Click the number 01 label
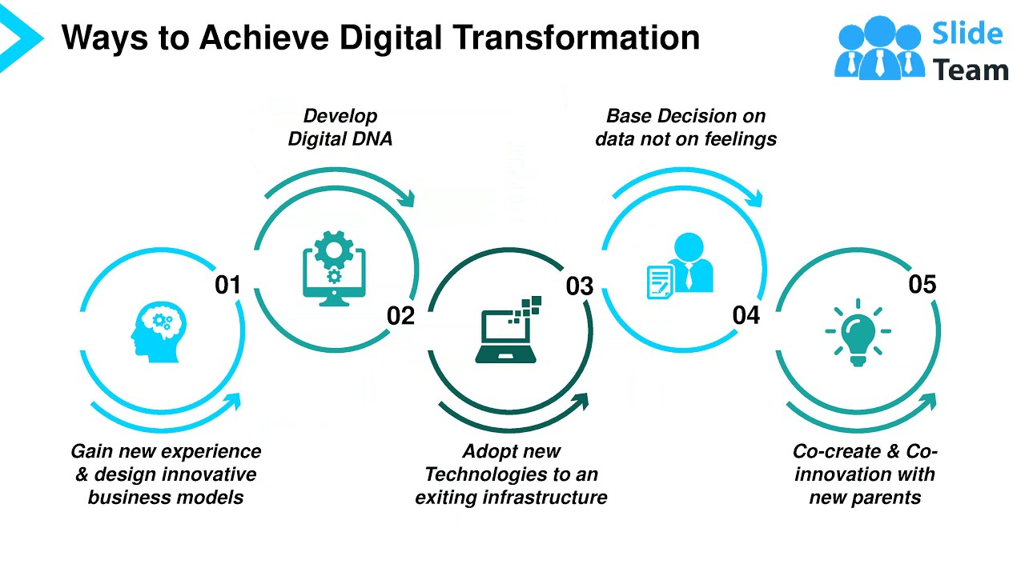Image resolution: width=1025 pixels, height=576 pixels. point(227,284)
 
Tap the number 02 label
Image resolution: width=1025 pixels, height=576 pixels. point(400,316)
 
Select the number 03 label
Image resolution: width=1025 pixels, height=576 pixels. point(579,286)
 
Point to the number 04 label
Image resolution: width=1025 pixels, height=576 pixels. point(746,315)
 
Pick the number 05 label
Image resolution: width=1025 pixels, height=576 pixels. point(922,284)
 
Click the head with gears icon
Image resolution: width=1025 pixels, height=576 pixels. point(159,330)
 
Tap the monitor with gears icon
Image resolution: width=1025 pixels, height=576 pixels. point(334,267)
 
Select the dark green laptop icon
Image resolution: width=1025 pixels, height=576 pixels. point(508,330)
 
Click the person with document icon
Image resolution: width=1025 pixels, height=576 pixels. point(680,266)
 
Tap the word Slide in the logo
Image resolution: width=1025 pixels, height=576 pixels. point(967,34)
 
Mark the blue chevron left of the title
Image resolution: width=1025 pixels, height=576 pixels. point(18,36)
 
